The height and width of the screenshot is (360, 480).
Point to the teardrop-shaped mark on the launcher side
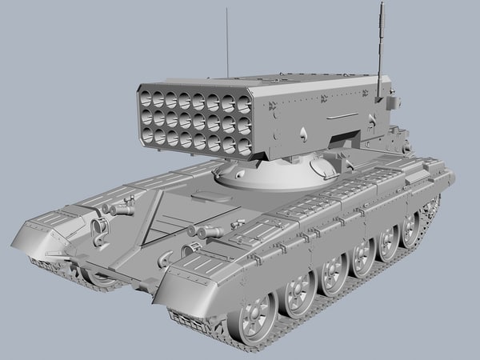pyautogui.click(x=309, y=132)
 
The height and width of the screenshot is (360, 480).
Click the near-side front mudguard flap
pyautogui.click(x=188, y=288)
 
